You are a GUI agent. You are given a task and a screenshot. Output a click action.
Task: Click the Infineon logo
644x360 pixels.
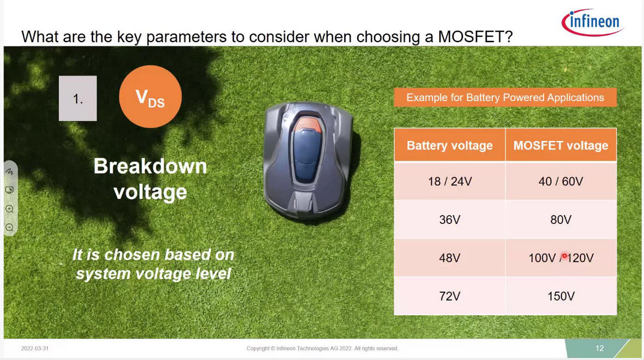[593, 22]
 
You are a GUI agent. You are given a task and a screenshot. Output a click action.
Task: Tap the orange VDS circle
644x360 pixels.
[150, 96]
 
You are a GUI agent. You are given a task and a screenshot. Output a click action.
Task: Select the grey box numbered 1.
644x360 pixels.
[77, 98]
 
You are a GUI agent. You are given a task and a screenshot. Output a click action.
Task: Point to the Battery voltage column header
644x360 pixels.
[450, 145]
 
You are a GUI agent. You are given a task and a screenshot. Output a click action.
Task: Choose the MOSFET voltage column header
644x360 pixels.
[561, 145]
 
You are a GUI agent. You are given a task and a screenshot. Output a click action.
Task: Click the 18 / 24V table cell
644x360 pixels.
[450, 181]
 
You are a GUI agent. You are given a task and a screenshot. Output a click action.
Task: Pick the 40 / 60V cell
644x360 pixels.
[561, 181]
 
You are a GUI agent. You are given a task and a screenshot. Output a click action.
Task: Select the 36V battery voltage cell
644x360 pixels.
[450, 220]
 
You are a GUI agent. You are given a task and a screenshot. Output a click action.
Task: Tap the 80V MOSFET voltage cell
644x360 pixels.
[561, 220]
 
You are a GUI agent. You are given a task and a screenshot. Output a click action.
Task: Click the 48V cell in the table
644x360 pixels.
[450, 258]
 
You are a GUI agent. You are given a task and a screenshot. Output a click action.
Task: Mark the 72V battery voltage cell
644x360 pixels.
[450, 296]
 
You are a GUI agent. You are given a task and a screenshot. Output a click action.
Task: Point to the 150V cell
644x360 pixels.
[561, 296]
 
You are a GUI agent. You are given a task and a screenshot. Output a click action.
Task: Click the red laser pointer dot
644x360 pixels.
[565, 256]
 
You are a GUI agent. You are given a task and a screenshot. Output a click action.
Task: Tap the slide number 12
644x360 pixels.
[599, 348]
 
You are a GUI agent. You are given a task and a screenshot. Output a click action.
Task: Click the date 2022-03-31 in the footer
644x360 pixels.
[35, 348]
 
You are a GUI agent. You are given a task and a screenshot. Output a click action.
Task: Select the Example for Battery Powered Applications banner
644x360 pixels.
[505, 98]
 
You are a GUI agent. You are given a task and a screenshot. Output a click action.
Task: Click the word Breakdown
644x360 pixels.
[150, 166]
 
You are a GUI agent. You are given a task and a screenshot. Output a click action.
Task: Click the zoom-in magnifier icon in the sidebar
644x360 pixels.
[10, 208]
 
